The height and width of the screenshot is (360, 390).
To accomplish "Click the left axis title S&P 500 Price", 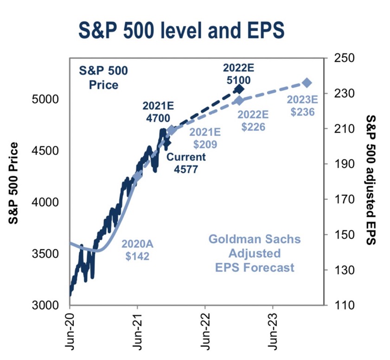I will [x=15, y=183].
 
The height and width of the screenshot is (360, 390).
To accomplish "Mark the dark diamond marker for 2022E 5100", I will [x=239, y=89].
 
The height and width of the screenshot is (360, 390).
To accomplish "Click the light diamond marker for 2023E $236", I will [x=307, y=82].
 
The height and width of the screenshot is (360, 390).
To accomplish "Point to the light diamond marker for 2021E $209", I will [x=172, y=131].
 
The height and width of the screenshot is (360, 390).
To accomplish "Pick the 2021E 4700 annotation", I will [x=158, y=112].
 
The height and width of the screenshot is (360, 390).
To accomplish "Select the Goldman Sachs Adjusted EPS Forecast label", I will [x=254, y=253].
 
